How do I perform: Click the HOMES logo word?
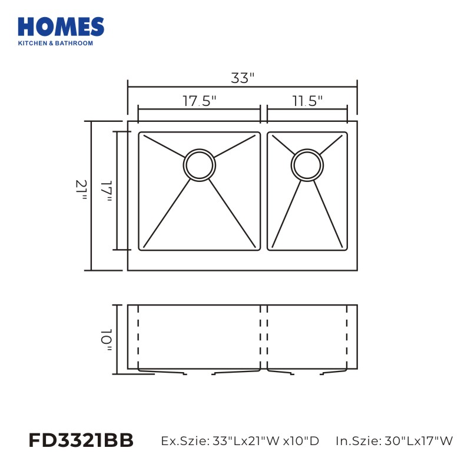[x=61, y=26]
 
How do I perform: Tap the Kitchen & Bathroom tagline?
[x=55, y=43]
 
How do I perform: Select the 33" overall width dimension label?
[x=243, y=78]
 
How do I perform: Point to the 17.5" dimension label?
[x=200, y=101]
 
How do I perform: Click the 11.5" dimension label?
[x=307, y=101]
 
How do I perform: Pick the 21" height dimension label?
[x=81, y=190]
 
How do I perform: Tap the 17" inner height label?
[x=107, y=191]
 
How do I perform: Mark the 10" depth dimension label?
[x=107, y=340]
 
